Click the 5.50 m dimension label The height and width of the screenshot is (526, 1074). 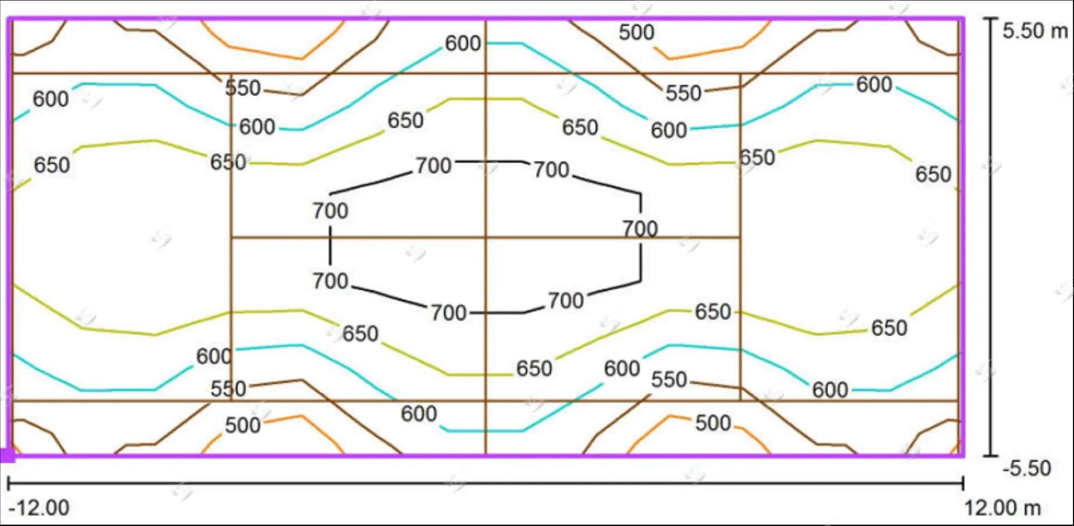tap(1035, 31)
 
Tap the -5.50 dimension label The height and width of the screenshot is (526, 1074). tap(1026, 468)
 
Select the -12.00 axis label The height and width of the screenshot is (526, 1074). tap(39, 508)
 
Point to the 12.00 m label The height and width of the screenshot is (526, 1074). tap(1002, 508)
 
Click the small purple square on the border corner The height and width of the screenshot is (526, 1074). tap(7, 455)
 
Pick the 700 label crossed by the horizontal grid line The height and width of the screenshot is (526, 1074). tap(640, 229)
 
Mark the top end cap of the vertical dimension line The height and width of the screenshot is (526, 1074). tap(991, 19)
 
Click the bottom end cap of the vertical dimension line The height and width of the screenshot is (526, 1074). tap(991, 455)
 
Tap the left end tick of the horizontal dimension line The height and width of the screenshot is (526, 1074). tap(8, 483)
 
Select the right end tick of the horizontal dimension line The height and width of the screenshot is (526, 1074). tap(963, 483)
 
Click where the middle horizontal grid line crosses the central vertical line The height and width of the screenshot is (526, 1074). tap(486, 237)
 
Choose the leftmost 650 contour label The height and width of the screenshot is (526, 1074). tap(52, 165)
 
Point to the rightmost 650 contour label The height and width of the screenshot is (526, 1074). tap(933, 174)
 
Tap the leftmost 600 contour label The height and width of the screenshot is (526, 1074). tap(50, 99)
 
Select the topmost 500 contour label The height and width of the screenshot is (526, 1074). tap(637, 33)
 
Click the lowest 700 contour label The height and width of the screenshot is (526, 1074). tap(448, 313)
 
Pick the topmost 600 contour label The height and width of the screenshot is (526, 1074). tap(463, 43)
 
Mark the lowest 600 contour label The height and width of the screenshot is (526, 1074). tap(419, 414)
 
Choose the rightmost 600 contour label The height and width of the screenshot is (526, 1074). tap(874, 85)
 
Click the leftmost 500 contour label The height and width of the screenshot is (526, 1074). tap(243, 426)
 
